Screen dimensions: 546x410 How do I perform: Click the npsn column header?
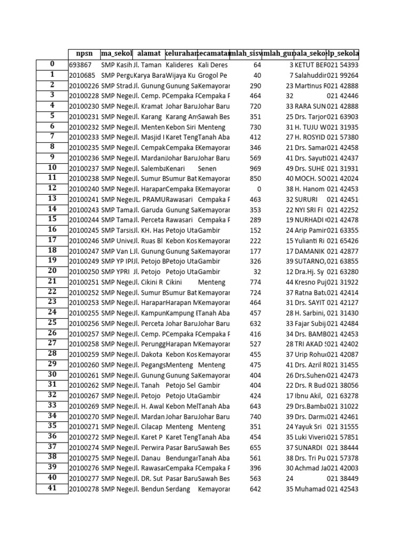click(84, 54)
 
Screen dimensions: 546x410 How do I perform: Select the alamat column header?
click(148, 54)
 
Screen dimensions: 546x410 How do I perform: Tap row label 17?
click(52, 240)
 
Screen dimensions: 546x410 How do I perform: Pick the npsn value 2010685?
click(82, 75)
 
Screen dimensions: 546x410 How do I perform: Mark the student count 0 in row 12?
click(258, 189)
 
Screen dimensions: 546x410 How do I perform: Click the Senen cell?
click(207, 168)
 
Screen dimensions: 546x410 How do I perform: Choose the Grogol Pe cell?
click(213, 75)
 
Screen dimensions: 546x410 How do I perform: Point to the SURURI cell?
click(306, 199)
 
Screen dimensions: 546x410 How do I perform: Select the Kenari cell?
click(176, 168)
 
